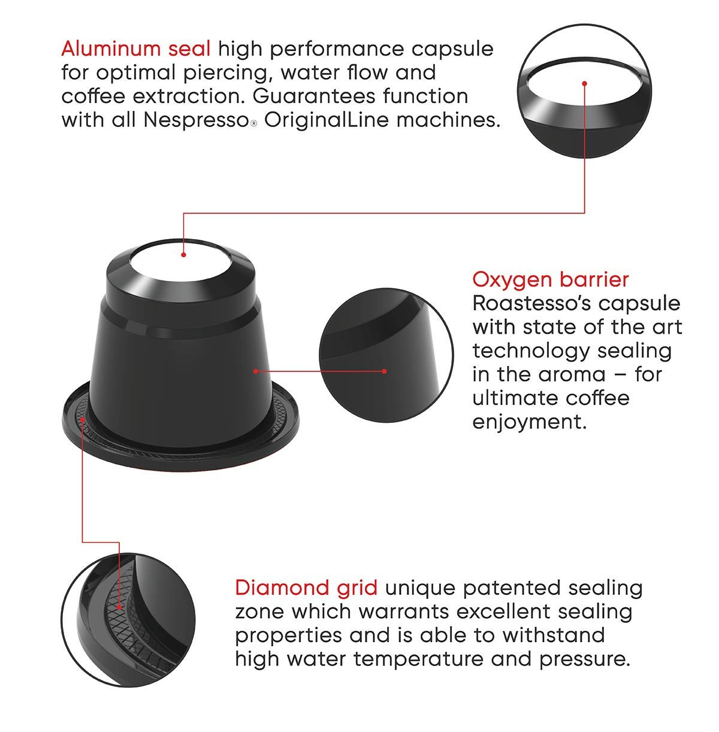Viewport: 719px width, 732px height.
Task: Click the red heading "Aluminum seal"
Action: [x=135, y=49]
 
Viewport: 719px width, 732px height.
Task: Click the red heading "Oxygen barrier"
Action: [x=550, y=280]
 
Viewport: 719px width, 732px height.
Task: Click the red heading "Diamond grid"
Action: [x=306, y=588]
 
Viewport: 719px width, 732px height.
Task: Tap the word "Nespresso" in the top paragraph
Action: [x=197, y=120]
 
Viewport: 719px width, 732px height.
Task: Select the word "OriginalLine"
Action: [x=327, y=120]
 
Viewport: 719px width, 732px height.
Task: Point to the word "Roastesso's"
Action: [x=531, y=303]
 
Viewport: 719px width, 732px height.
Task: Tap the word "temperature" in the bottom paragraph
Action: [x=418, y=659]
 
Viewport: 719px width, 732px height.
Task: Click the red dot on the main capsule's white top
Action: [x=183, y=255]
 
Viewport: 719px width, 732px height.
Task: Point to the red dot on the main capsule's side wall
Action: [x=255, y=371]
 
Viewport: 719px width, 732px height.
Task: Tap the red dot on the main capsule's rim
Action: [x=82, y=419]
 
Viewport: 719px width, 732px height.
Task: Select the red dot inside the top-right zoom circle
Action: [x=584, y=83]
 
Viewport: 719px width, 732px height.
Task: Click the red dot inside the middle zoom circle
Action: [x=384, y=371]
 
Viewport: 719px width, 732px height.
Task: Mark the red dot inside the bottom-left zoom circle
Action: [x=119, y=607]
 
